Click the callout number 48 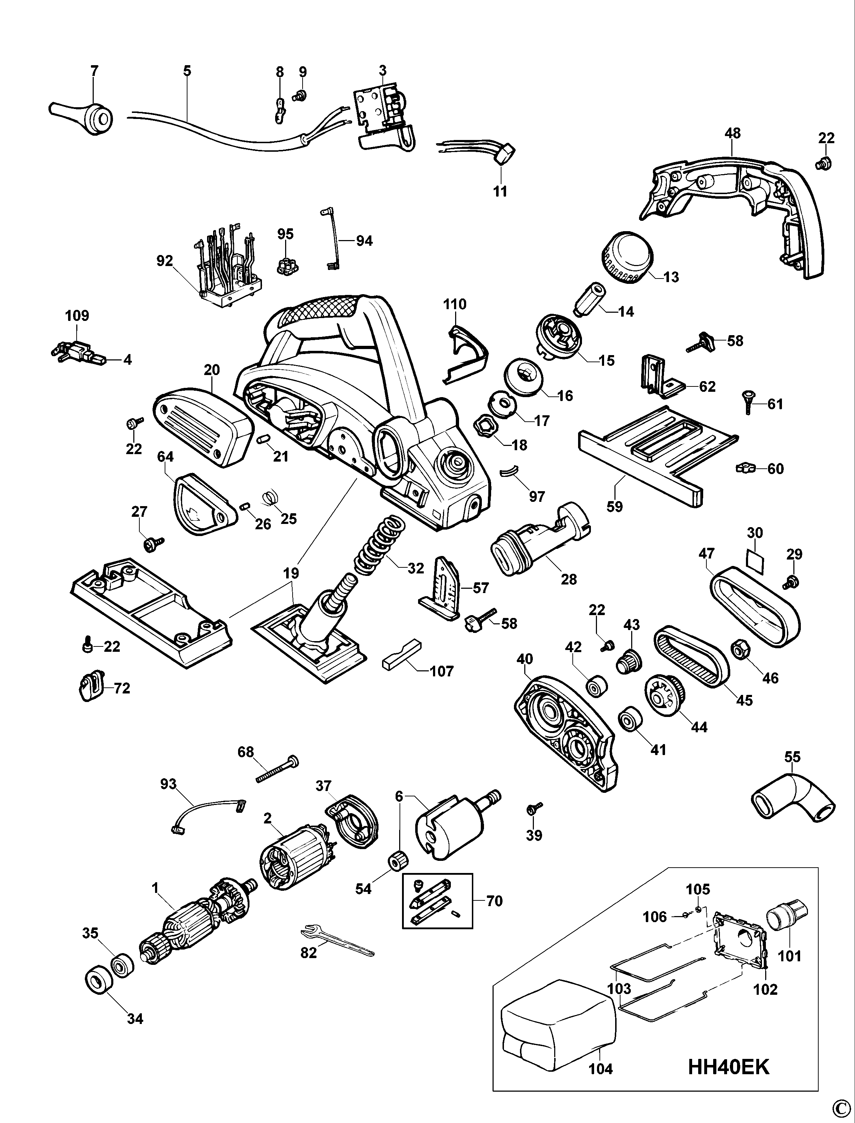pyautogui.click(x=732, y=133)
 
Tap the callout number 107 pyautogui.click(x=441, y=672)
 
